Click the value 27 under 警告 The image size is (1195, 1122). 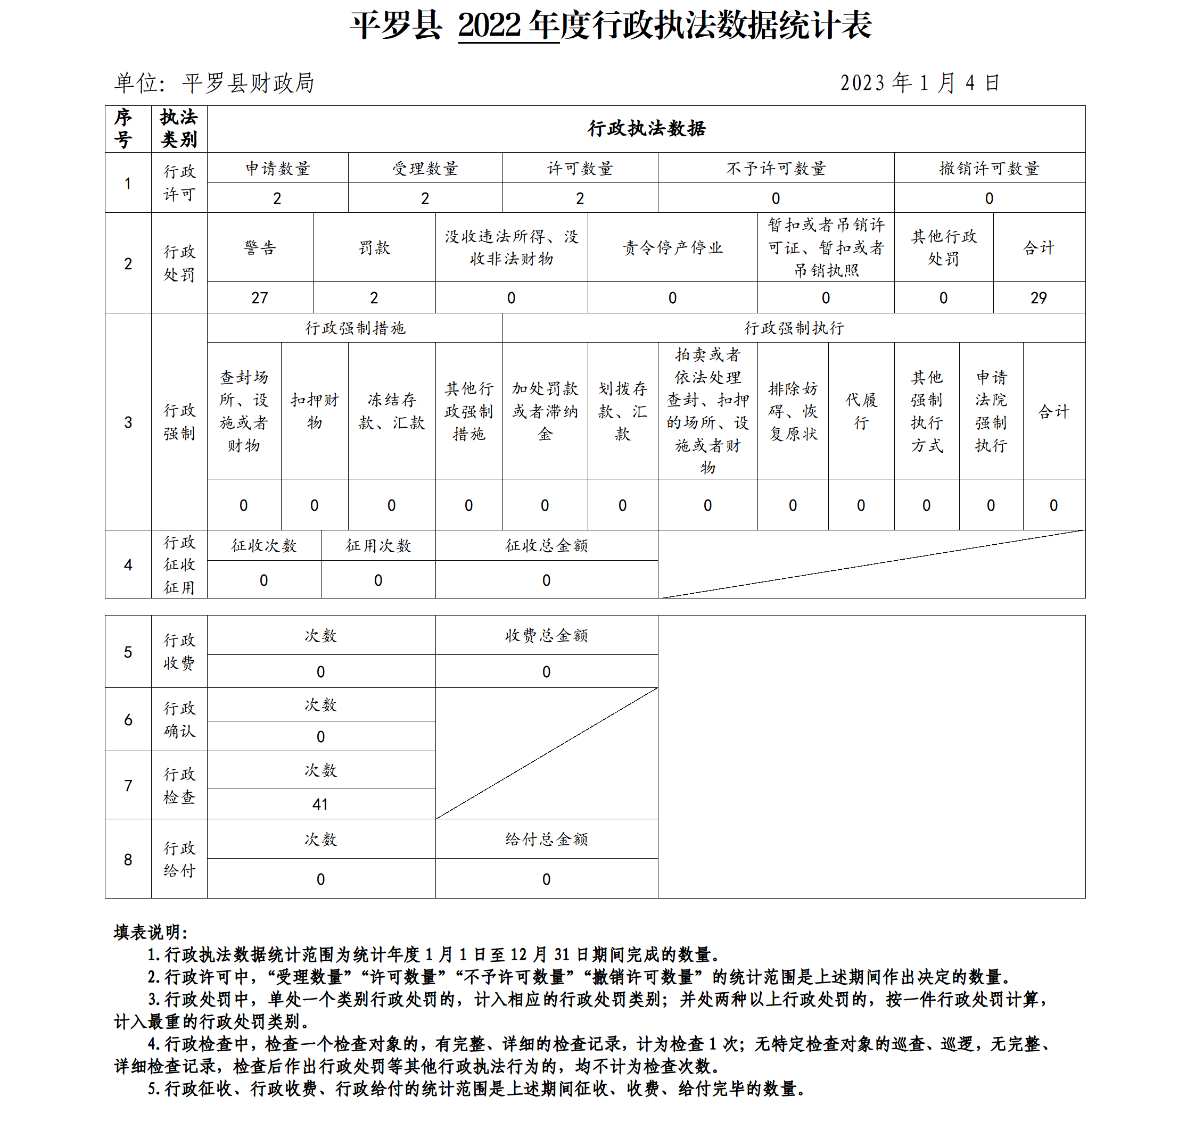point(260,298)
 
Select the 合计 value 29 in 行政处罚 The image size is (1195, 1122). point(1039,298)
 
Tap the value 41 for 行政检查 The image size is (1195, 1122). point(320,804)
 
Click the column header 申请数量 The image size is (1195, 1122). point(278,168)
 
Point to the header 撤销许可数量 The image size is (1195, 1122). point(990,168)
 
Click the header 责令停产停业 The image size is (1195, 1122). point(673,247)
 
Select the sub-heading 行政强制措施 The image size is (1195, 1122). point(355,328)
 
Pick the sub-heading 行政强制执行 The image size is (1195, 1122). point(794,328)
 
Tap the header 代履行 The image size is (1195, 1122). point(861,411)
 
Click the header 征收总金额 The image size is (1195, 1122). point(547,545)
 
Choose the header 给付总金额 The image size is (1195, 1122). point(547,839)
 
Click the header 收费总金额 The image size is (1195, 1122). point(547,635)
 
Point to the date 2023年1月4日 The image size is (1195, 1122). point(920,83)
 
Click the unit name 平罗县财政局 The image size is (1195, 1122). point(248,83)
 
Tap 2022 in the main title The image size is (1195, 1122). point(489,25)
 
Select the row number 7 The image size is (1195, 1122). point(128,786)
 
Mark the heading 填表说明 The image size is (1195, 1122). point(150,932)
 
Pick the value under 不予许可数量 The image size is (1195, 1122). point(776,198)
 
